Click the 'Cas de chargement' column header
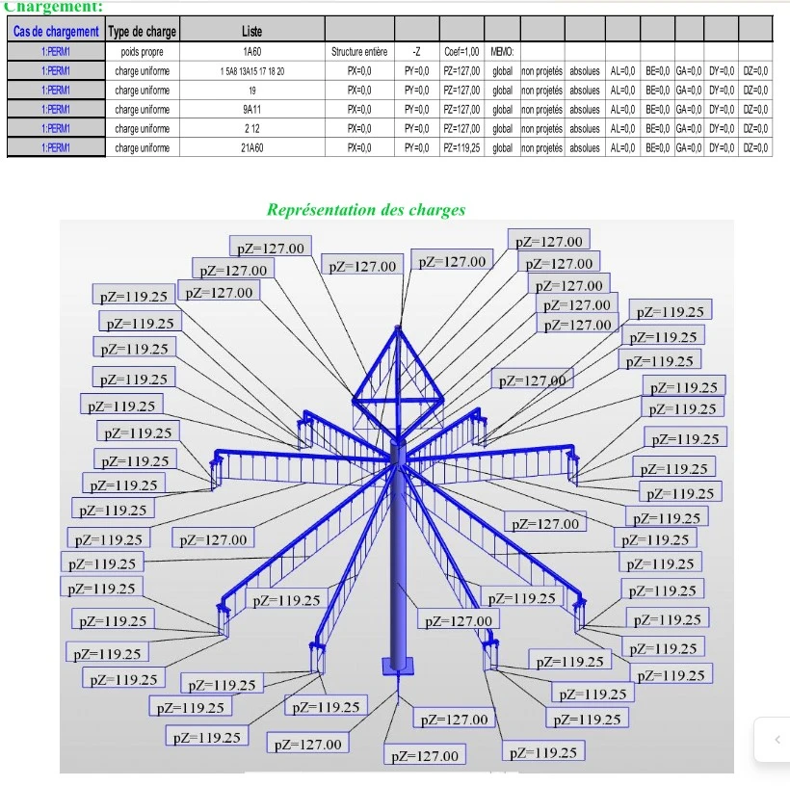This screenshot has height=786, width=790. (56, 32)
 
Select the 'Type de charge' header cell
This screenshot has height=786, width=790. (143, 32)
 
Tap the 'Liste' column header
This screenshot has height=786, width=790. (251, 32)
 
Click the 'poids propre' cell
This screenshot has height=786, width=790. (143, 51)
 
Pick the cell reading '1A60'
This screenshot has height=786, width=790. (251, 51)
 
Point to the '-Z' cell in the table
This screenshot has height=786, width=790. (415, 51)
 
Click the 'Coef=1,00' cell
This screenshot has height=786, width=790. (461, 51)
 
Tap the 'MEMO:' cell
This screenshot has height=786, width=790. (502, 51)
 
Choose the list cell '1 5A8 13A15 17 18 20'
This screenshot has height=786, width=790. (251, 70)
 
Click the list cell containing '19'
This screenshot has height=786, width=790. (251, 90)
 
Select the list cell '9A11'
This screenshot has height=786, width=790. (251, 109)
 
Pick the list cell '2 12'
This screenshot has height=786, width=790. (251, 128)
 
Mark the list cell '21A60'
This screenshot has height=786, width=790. (251, 147)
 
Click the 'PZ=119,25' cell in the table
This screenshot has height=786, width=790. (461, 147)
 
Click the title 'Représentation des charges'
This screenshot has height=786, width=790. (366, 209)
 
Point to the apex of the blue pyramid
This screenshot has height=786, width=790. (398, 328)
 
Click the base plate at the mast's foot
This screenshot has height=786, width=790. (396, 665)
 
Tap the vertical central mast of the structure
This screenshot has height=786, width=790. (397, 559)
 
